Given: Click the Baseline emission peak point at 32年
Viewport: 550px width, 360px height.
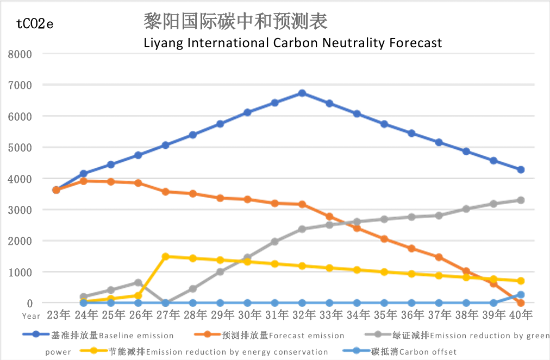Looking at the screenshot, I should click(302, 93).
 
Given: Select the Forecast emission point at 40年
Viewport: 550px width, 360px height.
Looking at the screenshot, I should click(521, 302).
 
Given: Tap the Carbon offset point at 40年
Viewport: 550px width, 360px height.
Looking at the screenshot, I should click(521, 295).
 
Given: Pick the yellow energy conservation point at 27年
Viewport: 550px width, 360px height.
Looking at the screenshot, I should click(166, 256).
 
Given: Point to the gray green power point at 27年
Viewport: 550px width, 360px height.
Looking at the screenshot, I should click(166, 303).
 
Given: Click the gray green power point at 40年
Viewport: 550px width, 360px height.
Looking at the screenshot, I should click(521, 200).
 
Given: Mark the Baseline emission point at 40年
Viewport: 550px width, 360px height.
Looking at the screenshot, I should click(521, 169).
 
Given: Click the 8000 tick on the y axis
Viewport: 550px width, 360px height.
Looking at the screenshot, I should click(20, 54).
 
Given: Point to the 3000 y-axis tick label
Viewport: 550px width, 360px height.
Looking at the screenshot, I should click(20, 210).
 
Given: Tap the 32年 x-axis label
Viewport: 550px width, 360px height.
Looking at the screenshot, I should click(302, 314).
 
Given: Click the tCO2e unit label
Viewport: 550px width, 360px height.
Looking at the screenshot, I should click(35, 24).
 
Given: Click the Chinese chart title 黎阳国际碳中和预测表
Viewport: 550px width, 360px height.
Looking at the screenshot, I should click(235, 22).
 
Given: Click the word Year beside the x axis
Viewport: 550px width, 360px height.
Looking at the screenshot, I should click(32, 315).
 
